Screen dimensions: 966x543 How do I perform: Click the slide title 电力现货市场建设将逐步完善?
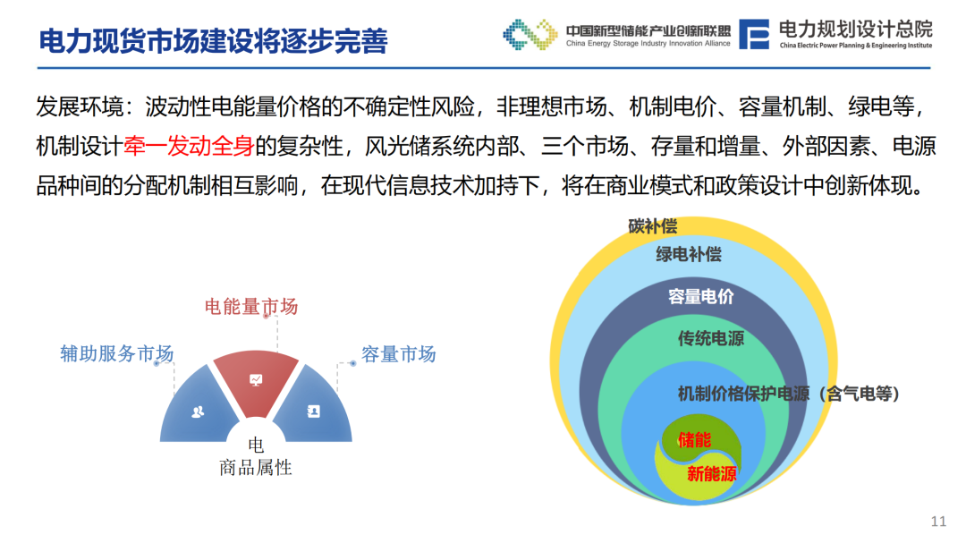(x=213, y=41)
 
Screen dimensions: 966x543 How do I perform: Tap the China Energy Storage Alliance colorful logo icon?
(x=530, y=34)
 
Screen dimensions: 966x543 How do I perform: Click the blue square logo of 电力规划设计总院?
(x=754, y=34)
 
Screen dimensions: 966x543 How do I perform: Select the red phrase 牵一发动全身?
(x=189, y=146)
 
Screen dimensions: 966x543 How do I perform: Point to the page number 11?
(x=938, y=522)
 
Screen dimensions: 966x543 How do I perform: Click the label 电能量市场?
(x=251, y=306)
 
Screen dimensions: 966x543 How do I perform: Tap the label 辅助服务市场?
(x=117, y=353)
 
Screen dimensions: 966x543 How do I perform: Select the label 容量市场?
(x=399, y=353)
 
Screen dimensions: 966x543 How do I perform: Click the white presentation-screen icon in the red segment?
(x=256, y=379)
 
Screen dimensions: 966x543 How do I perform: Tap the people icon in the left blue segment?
(x=198, y=411)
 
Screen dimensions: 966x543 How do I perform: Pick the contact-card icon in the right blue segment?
(x=314, y=411)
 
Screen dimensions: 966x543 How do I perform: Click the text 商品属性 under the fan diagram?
(x=256, y=468)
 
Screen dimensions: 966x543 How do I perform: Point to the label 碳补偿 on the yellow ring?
(x=652, y=226)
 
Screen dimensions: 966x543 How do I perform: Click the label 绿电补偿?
(x=688, y=254)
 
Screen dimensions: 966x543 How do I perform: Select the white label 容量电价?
(x=701, y=296)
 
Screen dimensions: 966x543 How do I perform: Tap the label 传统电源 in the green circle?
(x=711, y=338)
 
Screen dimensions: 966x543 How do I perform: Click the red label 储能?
(x=694, y=439)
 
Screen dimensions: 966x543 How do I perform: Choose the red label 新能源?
(x=712, y=473)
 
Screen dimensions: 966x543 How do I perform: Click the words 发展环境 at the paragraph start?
(x=80, y=106)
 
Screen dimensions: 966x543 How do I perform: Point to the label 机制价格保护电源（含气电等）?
(x=789, y=394)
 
